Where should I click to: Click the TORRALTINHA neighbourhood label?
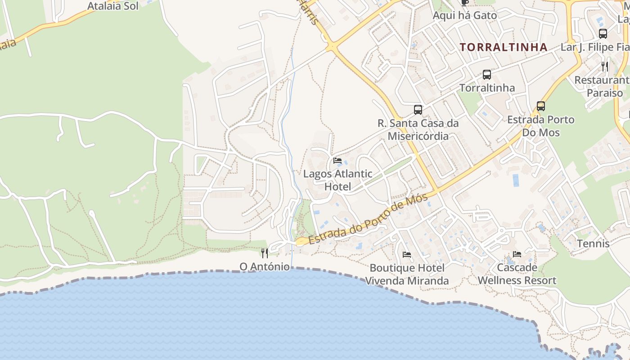[x=504, y=47]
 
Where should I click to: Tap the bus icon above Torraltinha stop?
[x=486, y=75]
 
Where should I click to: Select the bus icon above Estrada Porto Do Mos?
[x=540, y=106]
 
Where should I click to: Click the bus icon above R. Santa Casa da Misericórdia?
[x=418, y=110]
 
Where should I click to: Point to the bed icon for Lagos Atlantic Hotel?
[x=337, y=161]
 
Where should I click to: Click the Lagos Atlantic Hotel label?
[x=337, y=180]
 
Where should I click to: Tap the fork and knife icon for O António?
[x=265, y=253]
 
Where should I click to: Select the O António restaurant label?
[x=265, y=266]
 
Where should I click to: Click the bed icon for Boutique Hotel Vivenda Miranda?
[x=407, y=255]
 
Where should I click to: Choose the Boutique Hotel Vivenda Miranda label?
[x=407, y=274]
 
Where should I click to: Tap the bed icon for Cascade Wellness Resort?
[x=517, y=254]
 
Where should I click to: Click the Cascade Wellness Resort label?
[x=517, y=274]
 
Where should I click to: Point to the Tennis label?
[x=593, y=244]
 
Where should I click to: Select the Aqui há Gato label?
[x=465, y=15]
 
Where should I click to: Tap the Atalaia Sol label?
[x=112, y=6]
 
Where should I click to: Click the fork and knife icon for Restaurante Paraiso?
[x=605, y=67]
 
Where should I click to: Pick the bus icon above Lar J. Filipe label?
[x=603, y=34]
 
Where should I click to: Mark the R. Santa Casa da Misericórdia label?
[x=418, y=130]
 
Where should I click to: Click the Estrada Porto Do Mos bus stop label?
[x=540, y=126]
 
